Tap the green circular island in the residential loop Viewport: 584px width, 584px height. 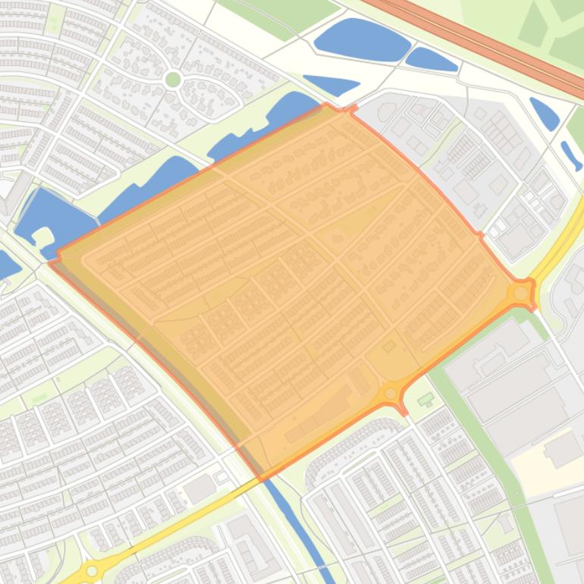click(x=173, y=78)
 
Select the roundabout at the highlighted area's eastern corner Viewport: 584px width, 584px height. click(x=521, y=293)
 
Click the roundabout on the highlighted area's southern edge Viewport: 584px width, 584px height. click(x=391, y=393)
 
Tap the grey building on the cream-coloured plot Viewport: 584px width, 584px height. click(x=563, y=449)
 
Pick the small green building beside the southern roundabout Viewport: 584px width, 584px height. click(x=426, y=398)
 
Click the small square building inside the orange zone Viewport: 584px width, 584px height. click(x=389, y=347)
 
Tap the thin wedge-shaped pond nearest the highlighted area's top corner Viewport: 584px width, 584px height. click(x=331, y=84)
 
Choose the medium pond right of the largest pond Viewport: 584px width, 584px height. click(x=431, y=58)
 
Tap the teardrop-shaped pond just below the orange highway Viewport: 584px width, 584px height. click(x=544, y=114)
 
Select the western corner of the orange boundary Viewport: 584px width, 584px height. click(x=52, y=262)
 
